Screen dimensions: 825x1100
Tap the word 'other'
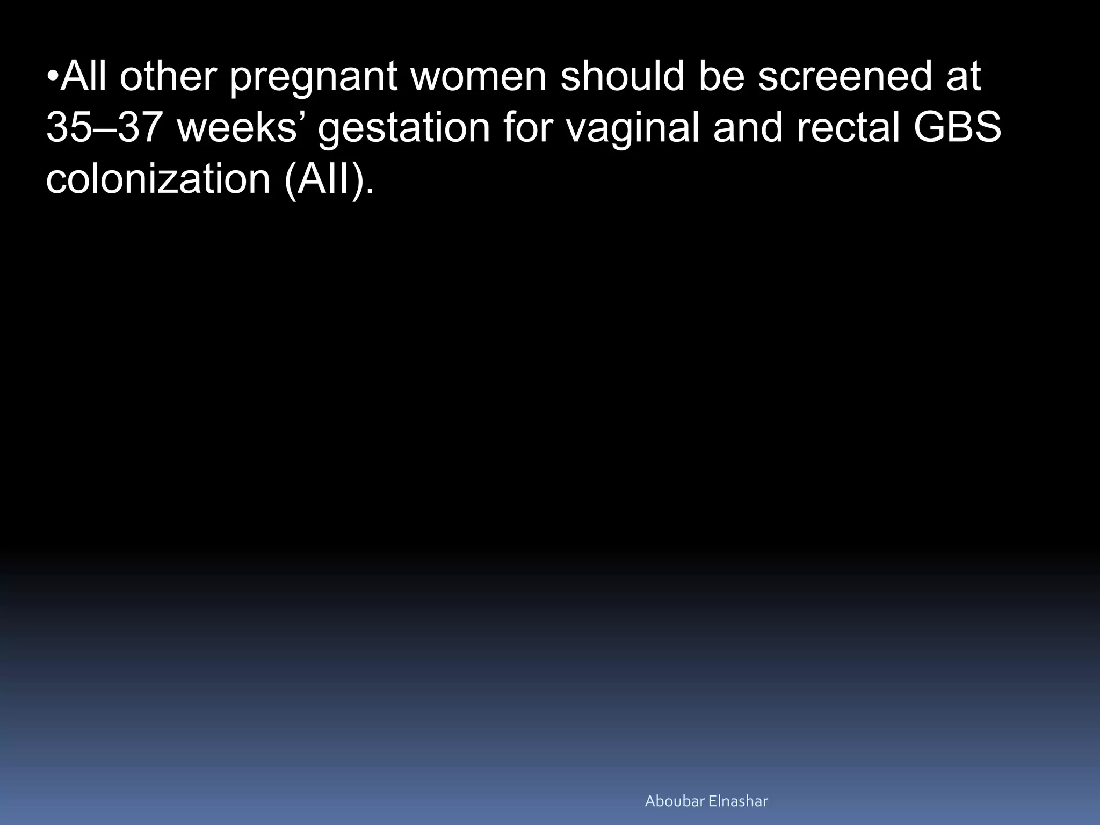click(167, 76)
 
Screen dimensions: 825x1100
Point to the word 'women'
click(479, 76)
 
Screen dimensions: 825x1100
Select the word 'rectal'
click(848, 128)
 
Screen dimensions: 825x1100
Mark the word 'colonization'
click(158, 179)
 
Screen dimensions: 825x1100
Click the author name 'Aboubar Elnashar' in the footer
click(706, 801)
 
